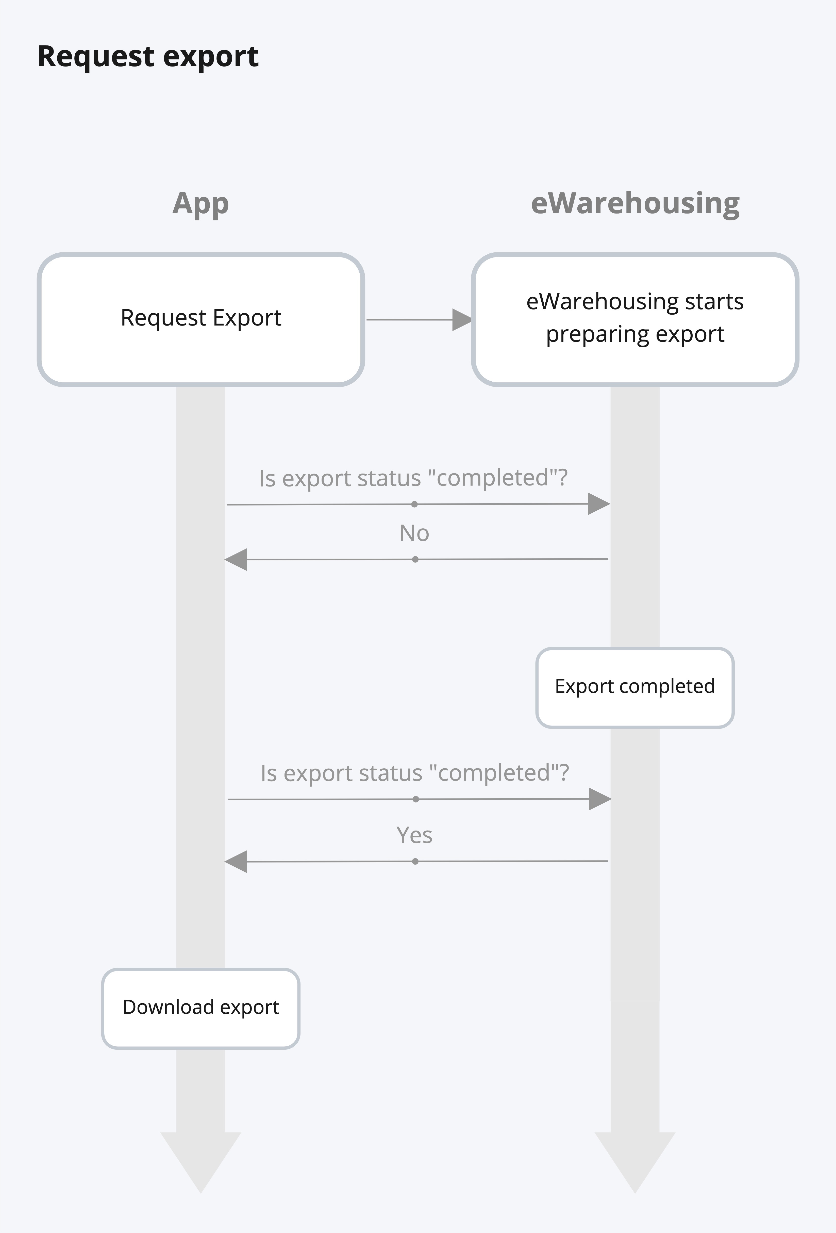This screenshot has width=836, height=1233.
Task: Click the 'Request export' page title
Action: pyautogui.click(x=148, y=57)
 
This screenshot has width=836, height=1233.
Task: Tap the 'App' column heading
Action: pyautogui.click(x=200, y=204)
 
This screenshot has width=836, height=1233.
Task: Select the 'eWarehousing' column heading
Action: pyautogui.click(x=635, y=204)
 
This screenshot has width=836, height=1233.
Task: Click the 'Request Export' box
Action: pyautogui.click(x=200, y=319)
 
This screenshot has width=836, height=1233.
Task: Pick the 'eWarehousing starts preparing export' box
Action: pyautogui.click(x=635, y=319)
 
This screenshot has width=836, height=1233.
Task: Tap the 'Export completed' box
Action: pyautogui.click(x=635, y=687)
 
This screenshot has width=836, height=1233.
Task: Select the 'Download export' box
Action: pyautogui.click(x=200, y=1008)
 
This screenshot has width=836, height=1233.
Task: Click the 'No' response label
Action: pyautogui.click(x=414, y=533)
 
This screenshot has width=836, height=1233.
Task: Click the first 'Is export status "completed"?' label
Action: pyautogui.click(x=413, y=478)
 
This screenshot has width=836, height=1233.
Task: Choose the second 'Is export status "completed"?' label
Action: pyautogui.click(x=415, y=773)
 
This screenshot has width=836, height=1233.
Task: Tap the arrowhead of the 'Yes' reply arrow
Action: pyautogui.click(x=237, y=862)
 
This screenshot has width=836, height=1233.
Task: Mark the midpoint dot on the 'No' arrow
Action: pyautogui.click(x=415, y=559)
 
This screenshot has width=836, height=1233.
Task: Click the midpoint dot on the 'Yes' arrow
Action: pyautogui.click(x=415, y=862)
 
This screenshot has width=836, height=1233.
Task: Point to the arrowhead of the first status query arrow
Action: pyautogui.click(x=598, y=504)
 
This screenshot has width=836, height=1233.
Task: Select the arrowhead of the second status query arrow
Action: pyautogui.click(x=600, y=799)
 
